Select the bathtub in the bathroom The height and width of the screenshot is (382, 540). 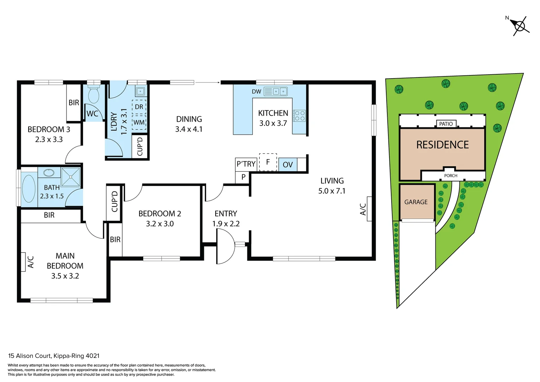pyautogui.click(x=29, y=189)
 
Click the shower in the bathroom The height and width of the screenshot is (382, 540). pyautogui.click(x=71, y=177)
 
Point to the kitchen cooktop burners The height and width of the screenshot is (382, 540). pyautogui.click(x=299, y=116)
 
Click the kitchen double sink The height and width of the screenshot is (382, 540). pyautogui.click(x=276, y=92)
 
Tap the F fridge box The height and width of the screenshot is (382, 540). pyautogui.click(x=268, y=162)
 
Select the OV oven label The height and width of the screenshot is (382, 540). pyautogui.click(x=288, y=165)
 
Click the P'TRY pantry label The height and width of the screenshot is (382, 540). pyautogui.click(x=246, y=164)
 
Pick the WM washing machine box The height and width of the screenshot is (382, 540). pyautogui.click(x=139, y=122)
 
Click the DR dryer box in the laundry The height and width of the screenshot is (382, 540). pyautogui.click(x=139, y=107)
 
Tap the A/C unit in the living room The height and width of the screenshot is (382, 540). pyautogui.click(x=369, y=209)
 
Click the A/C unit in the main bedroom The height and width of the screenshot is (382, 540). pyautogui.click(x=23, y=262)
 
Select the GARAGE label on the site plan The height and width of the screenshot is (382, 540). pyautogui.click(x=416, y=202)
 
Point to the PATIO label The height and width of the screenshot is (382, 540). pyautogui.click(x=446, y=124)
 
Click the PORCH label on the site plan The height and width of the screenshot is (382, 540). pyautogui.click(x=451, y=175)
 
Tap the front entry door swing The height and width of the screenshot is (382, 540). pyautogui.click(x=225, y=246)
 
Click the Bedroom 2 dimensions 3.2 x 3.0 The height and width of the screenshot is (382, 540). pyautogui.click(x=160, y=224)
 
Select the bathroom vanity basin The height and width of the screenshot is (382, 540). pyautogui.click(x=49, y=173)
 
